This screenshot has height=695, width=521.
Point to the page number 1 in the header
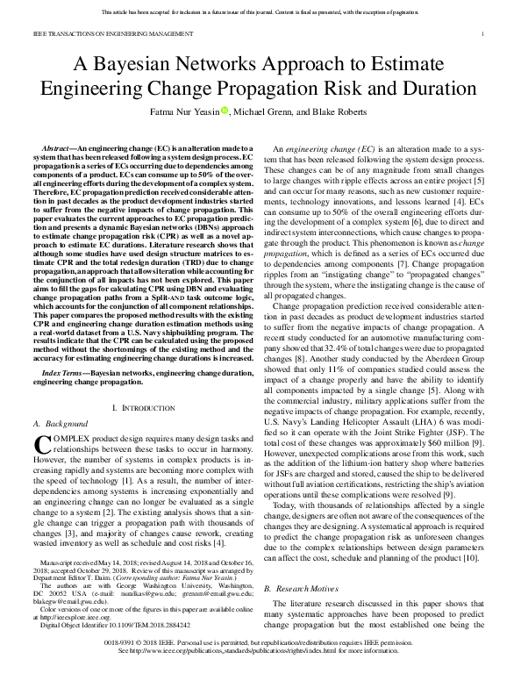[x=484, y=33]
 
